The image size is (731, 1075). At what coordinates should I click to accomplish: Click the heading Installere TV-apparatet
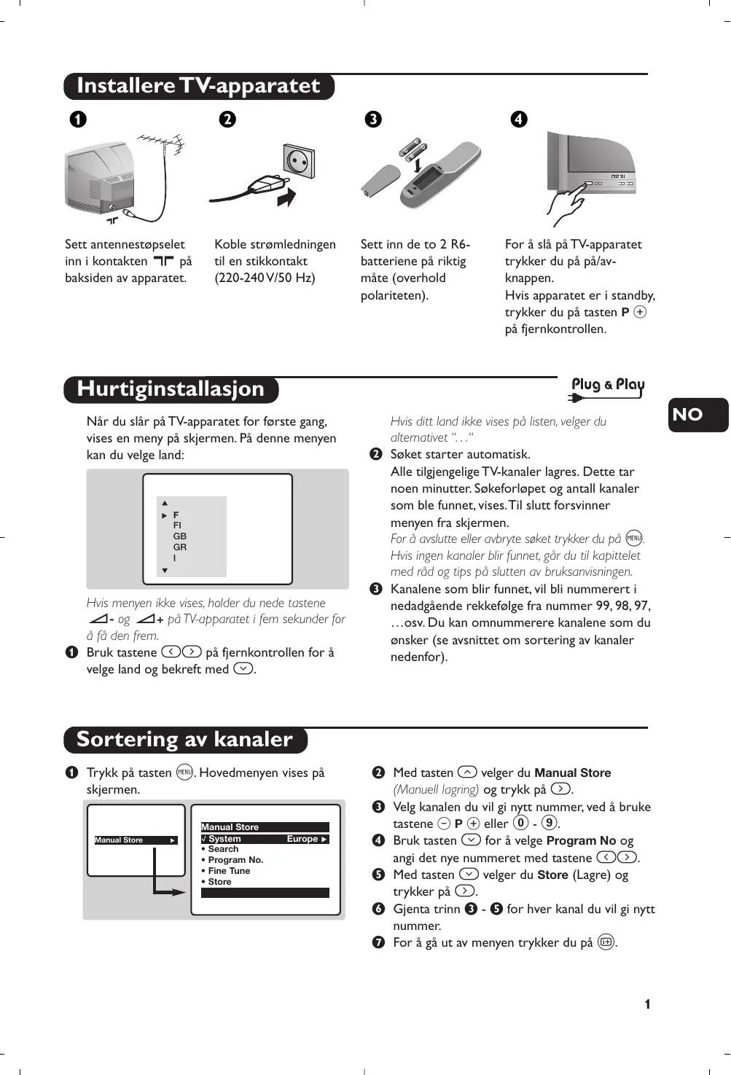[x=198, y=86]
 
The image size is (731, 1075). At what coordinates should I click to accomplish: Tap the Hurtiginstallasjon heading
[x=171, y=389]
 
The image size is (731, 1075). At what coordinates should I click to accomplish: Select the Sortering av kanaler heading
[x=184, y=740]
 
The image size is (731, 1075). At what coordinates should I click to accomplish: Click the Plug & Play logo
[x=607, y=387]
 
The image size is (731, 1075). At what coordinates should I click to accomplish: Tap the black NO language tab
[x=697, y=415]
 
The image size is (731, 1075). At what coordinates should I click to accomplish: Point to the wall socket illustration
[x=299, y=160]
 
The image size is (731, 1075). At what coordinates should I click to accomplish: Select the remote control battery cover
[x=380, y=180]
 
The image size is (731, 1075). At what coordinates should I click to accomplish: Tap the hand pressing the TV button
[x=565, y=208]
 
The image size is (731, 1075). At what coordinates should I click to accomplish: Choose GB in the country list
[x=180, y=536]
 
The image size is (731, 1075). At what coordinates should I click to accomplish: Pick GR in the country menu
[x=180, y=547]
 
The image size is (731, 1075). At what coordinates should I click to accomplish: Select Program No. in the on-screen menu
[x=235, y=860]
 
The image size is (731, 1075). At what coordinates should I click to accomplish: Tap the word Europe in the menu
[x=302, y=839]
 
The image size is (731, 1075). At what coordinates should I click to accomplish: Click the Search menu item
[x=223, y=849]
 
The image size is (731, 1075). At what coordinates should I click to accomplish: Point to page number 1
[x=647, y=1004]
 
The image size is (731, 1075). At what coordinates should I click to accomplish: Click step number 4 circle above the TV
[x=519, y=119]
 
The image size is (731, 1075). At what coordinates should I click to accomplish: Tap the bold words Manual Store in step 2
[x=573, y=773]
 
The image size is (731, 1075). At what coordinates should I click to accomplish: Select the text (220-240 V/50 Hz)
[x=265, y=278]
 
